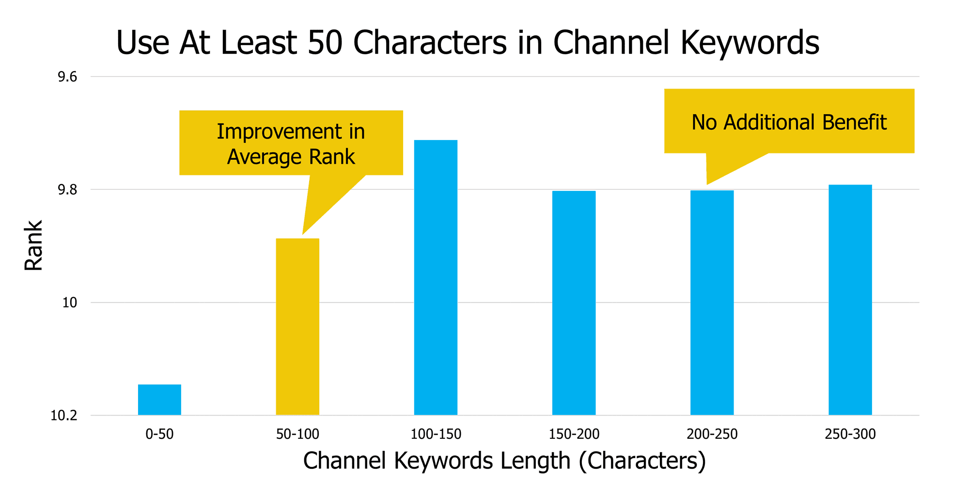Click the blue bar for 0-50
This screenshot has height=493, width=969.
click(159, 400)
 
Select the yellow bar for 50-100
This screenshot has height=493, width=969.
click(297, 326)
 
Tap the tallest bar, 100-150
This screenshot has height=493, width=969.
click(436, 277)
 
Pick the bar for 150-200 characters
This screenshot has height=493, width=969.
click(574, 303)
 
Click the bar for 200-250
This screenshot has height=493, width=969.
click(712, 303)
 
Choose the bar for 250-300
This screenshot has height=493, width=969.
click(850, 300)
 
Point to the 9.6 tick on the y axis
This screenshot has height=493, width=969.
click(67, 77)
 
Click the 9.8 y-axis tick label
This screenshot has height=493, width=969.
click(67, 190)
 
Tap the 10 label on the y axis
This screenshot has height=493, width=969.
click(70, 303)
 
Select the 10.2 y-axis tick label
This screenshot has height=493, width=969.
click(64, 416)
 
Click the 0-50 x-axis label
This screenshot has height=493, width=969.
click(159, 434)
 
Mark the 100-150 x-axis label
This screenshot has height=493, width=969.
click(436, 434)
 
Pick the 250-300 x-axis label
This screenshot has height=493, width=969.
click(850, 434)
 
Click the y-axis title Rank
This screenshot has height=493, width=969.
click(33, 246)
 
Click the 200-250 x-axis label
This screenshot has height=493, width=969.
click(712, 434)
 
